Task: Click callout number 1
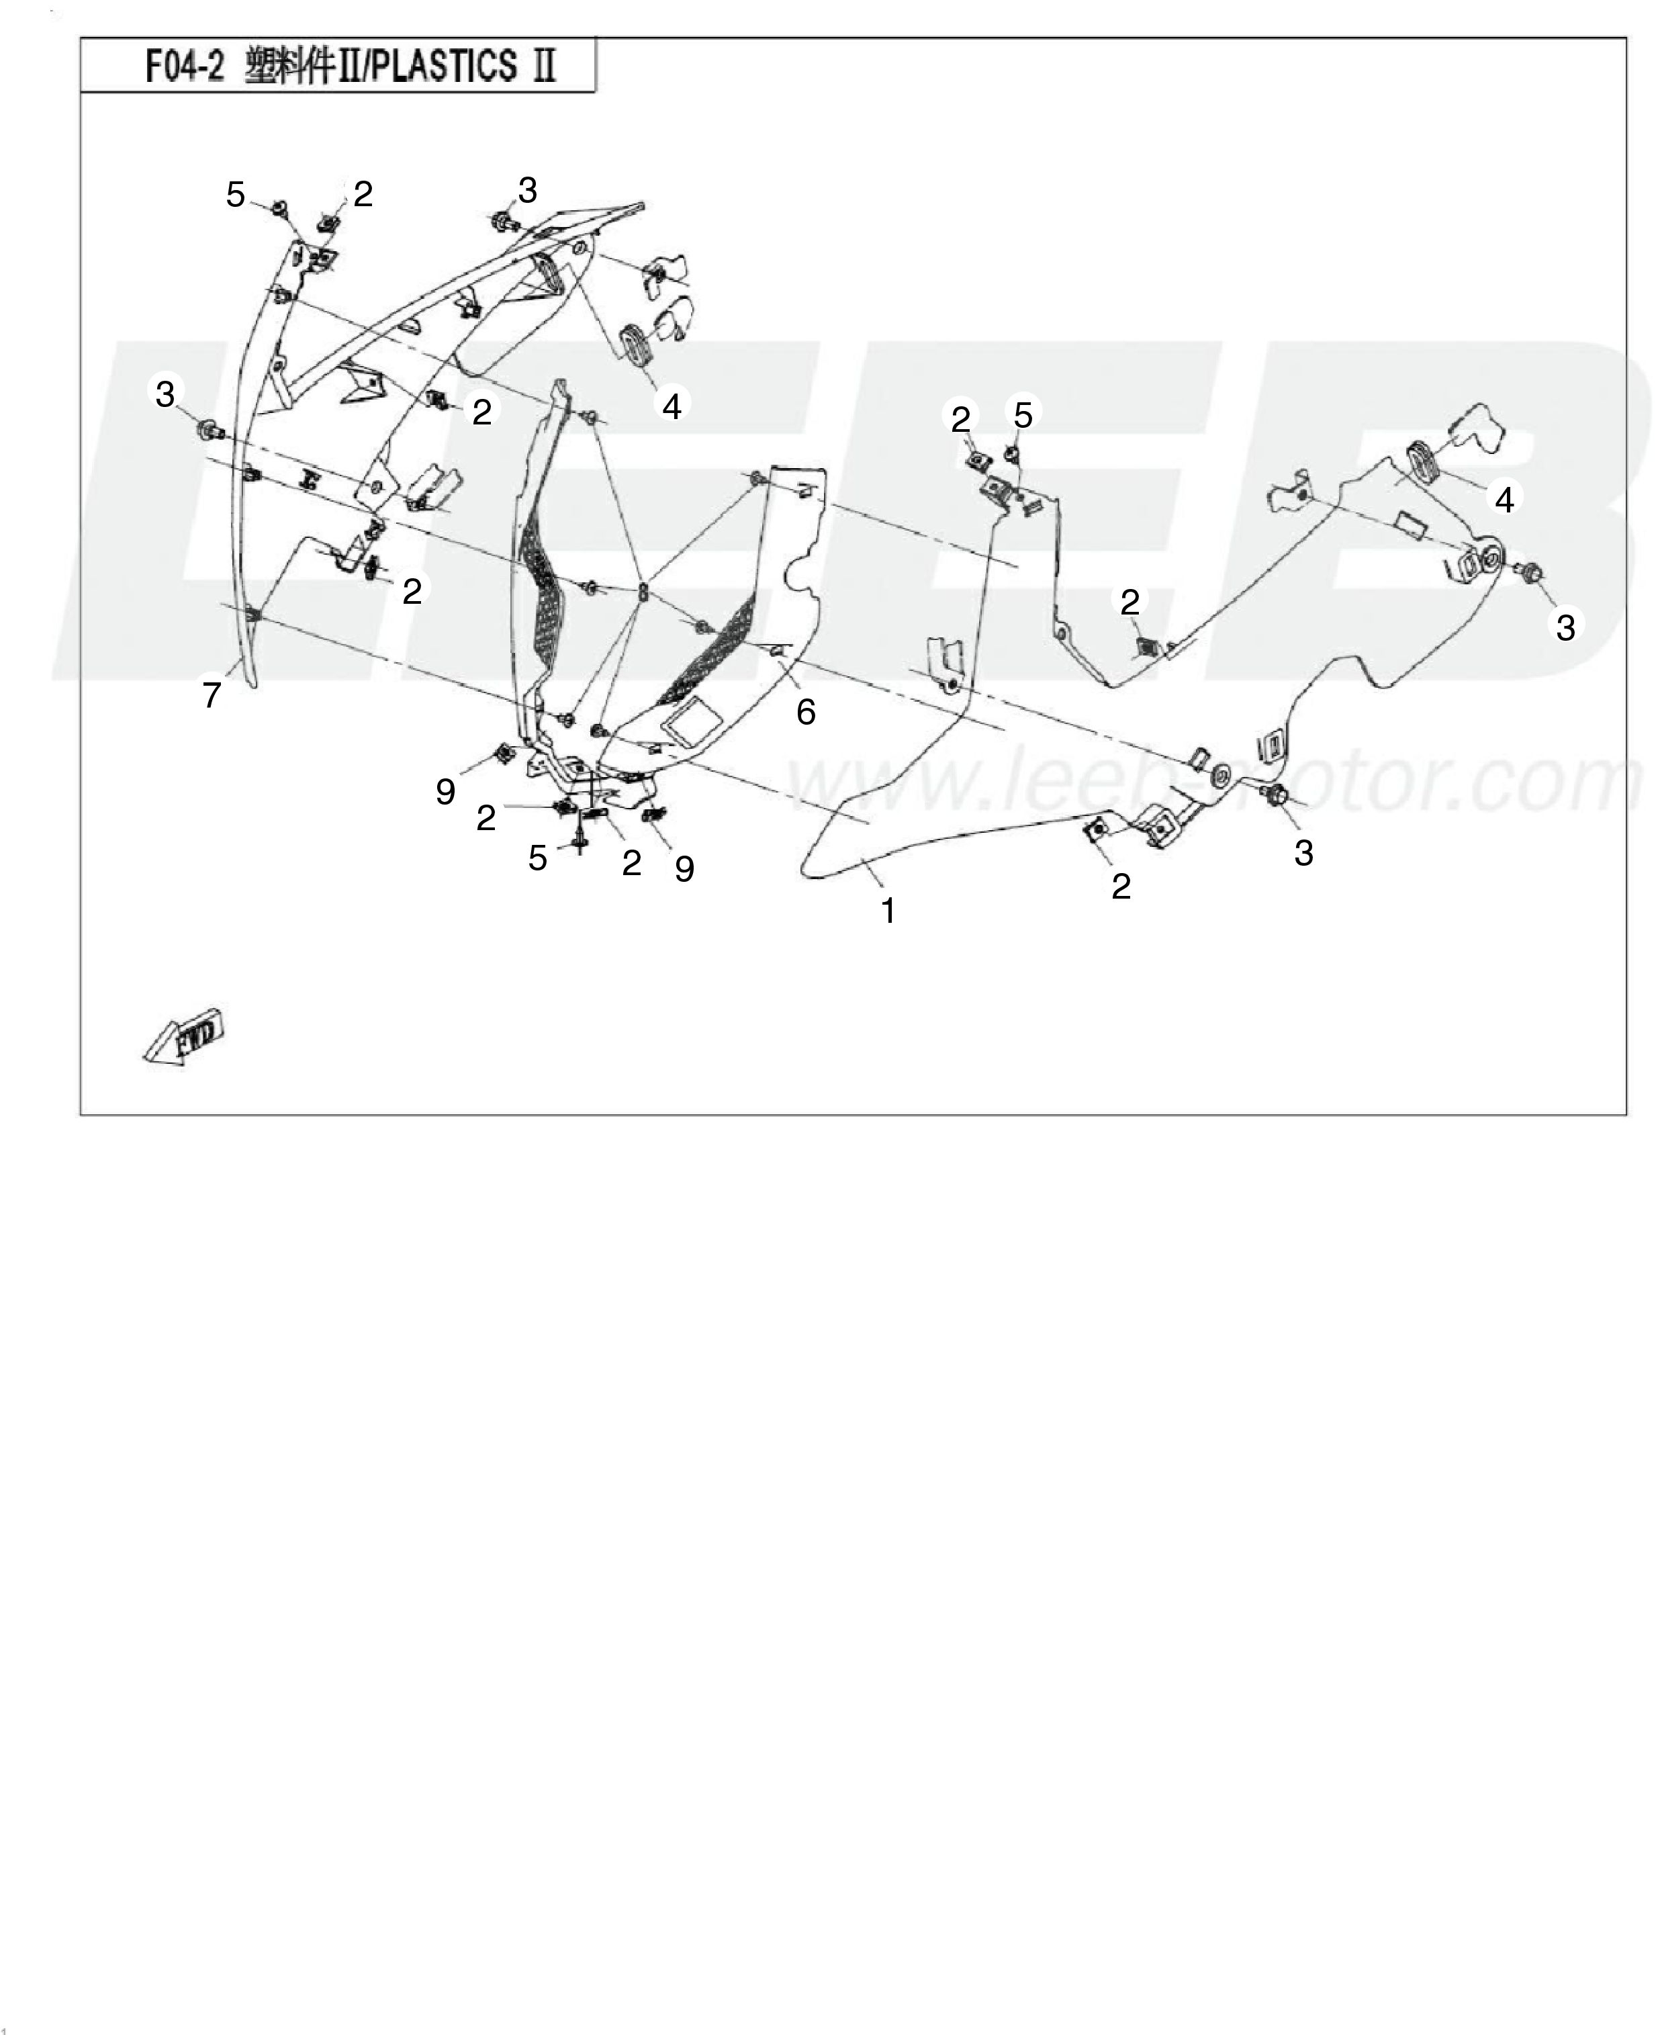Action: (x=888, y=911)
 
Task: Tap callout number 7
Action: (x=212, y=694)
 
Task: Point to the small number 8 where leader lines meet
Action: (x=643, y=592)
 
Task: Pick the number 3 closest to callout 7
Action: (x=165, y=393)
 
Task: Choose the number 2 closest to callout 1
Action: (x=1121, y=887)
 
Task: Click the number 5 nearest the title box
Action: (x=235, y=195)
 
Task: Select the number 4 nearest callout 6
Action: (x=672, y=406)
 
